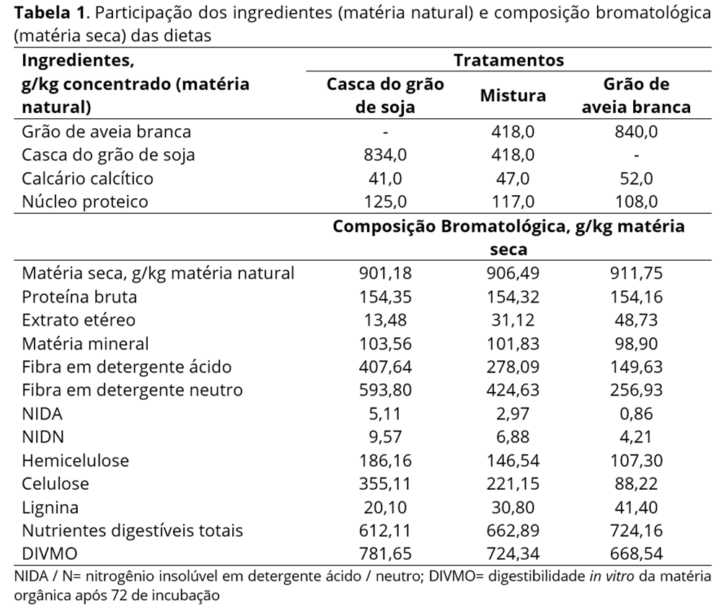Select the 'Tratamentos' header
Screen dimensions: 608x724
tap(508, 60)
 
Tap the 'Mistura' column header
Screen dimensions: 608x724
tap(513, 95)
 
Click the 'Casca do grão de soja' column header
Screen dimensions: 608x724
tap(386, 95)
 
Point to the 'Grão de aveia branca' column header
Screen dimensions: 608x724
tap(636, 95)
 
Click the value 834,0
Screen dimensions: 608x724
tap(386, 155)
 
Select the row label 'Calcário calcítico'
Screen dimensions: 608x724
tap(87, 178)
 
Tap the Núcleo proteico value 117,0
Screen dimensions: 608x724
tap(513, 201)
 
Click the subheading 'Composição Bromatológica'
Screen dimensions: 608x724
tap(447, 226)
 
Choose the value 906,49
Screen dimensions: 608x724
tap(513, 273)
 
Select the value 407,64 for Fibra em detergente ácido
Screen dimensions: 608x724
tap(386, 367)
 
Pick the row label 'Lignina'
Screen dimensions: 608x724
tap(50, 507)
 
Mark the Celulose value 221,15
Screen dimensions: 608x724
tap(513, 483)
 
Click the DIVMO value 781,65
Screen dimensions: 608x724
tap(386, 554)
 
